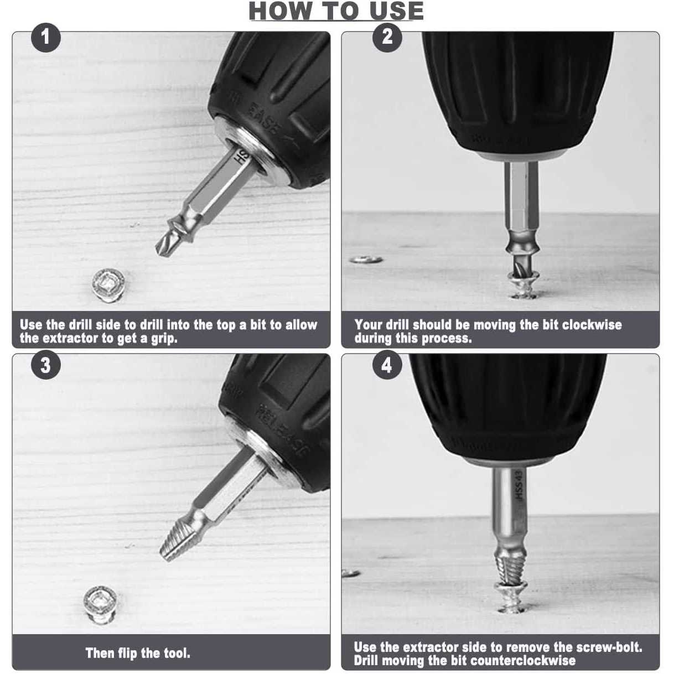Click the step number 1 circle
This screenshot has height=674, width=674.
[x=46, y=38]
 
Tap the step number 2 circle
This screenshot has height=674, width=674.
[x=387, y=38]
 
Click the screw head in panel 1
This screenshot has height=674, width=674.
[x=109, y=286]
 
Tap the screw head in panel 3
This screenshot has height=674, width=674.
[x=100, y=605]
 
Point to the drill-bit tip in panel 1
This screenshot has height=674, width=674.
[x=157, y=249]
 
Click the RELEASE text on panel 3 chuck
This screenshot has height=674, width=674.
[x=283, y=430]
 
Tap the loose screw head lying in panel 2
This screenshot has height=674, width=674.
[x=366, y=260]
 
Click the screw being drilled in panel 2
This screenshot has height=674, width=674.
[x=523, y=285]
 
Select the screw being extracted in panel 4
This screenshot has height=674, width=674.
[x=511, y=598]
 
